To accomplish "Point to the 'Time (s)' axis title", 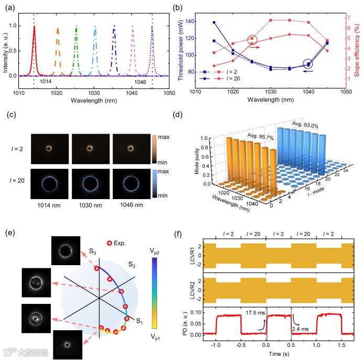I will coord(279,354).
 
